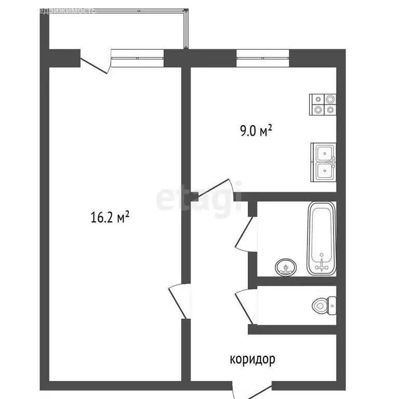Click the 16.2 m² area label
(x=110, y=218)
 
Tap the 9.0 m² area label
(x=256, y=130)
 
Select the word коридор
(x=252, y=358)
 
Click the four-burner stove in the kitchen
(x=323, y=104)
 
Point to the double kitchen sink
(x=323, y=162)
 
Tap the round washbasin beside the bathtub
(x=285, y=268)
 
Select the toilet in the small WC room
(x=325, y=305)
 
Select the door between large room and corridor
(x=176, y=301)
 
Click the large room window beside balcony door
(x=138, y=57)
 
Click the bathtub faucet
(x=322, y=264)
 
